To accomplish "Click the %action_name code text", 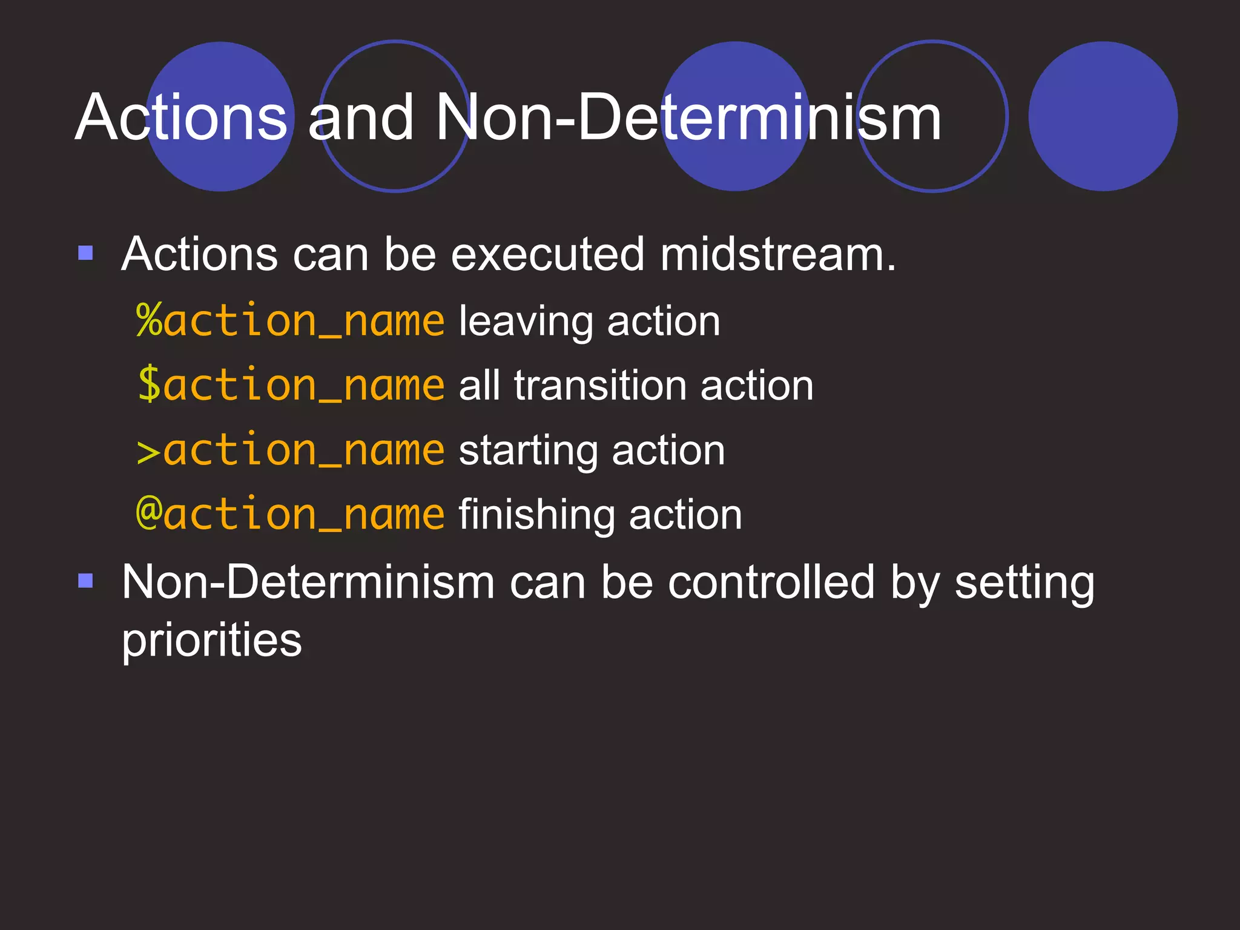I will pos(291,320).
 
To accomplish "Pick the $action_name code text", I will pos(291,385).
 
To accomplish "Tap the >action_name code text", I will pos(291,450).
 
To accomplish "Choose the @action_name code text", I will pos(291,515).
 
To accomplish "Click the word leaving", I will pos(526,322).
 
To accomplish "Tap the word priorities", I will pos(211,641).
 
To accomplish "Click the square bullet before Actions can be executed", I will pos(86,252).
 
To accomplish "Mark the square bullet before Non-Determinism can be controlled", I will pos(86,581).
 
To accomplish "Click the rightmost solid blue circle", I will pos(1103,116).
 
